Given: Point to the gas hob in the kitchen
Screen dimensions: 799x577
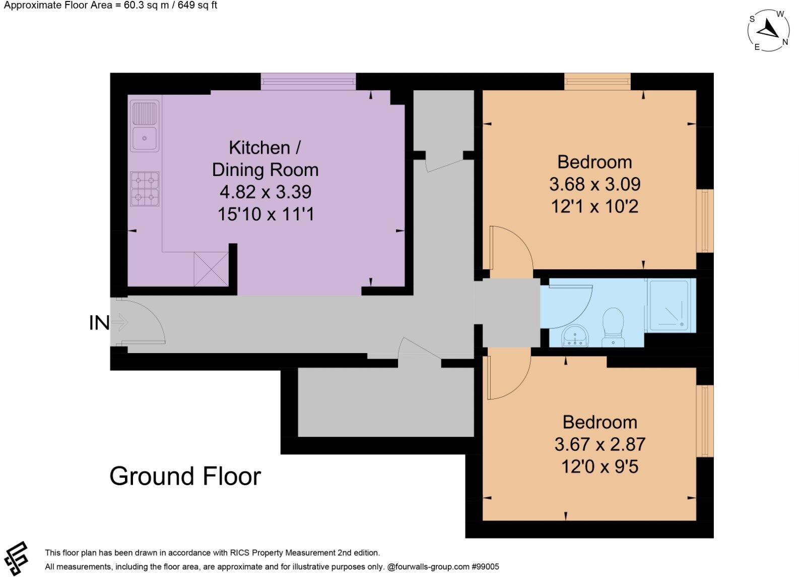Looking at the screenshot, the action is (145, 189).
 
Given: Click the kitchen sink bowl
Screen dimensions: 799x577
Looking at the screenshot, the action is (145, 139).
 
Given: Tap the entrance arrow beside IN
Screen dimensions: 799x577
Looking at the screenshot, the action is (120, 322).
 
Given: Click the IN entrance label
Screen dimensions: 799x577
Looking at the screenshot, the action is (99, 323).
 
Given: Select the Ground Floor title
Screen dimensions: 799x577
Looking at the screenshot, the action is (185, 477).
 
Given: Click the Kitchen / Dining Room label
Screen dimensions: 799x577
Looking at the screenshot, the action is (265, 158).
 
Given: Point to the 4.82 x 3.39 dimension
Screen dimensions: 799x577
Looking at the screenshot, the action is (265, 192).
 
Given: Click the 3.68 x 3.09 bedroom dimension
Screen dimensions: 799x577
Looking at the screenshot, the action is (595, 184).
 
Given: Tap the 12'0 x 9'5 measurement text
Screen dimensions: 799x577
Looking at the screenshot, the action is (600, 467).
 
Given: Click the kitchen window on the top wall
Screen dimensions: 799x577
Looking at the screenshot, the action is (308, 81).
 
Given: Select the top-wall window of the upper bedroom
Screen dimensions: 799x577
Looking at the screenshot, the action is (597, 81).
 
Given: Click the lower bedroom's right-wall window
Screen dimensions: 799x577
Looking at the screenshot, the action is (705, 421).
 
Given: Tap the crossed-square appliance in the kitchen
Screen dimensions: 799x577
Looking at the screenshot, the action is (211, 269).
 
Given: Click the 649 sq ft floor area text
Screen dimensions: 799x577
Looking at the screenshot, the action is (197, 6).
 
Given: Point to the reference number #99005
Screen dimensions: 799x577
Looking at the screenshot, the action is (486, 566).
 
